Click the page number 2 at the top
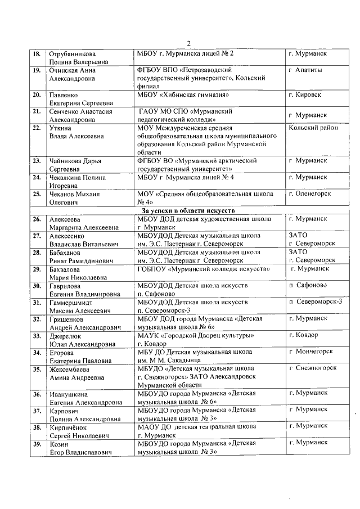coord(188,44)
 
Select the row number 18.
coord(37,53)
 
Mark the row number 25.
coord(37,194)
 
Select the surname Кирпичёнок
coord(70,426)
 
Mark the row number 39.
coord(37,443)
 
